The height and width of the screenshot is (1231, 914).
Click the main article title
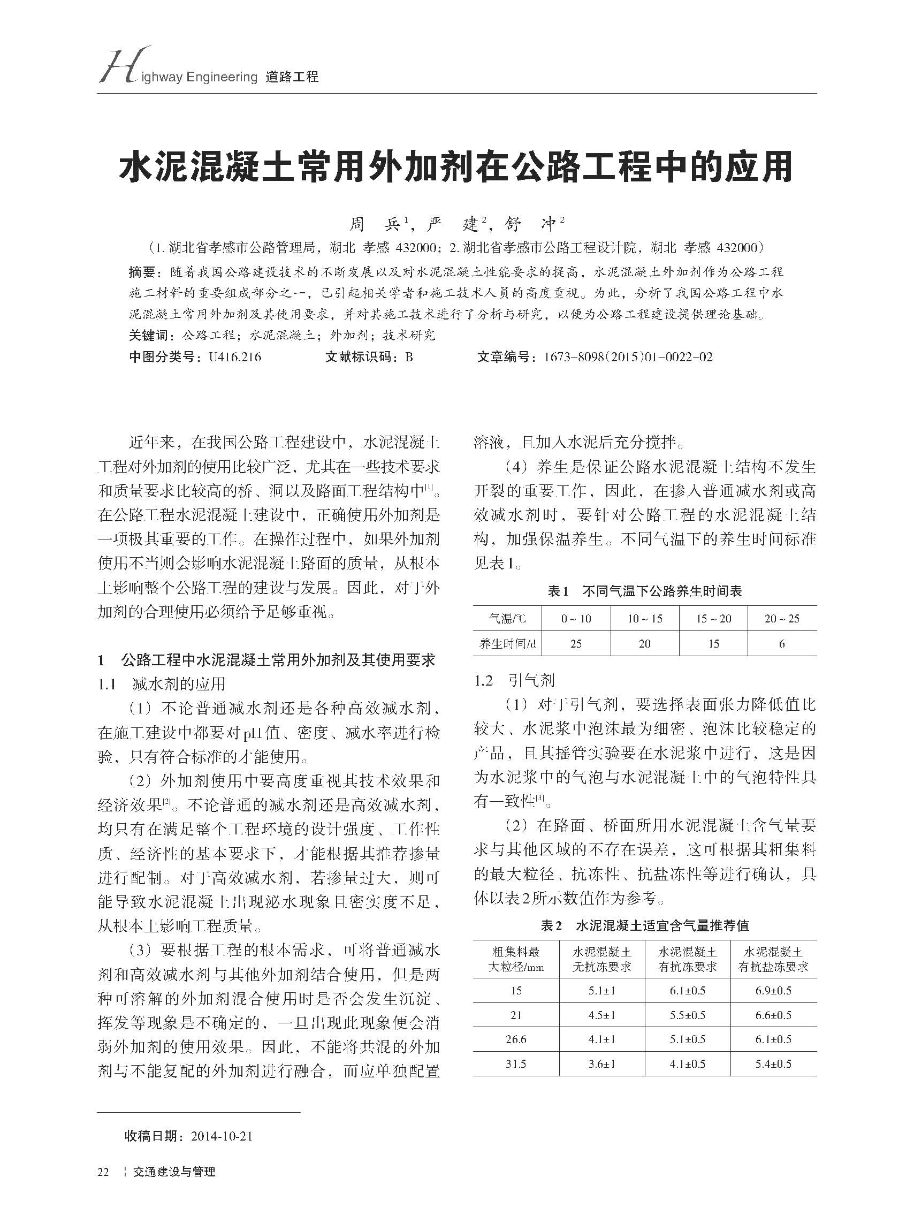click(456, 166)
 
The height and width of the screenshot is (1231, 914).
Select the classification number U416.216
click(234, 357)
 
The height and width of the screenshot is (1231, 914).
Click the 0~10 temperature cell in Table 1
click(576, 619)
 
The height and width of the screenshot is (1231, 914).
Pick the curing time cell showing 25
click(576, 643)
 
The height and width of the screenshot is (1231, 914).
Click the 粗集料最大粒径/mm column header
click(516, 959)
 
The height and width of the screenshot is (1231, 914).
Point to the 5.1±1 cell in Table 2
click(602, 990)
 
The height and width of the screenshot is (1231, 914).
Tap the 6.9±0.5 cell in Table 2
click(773, 990)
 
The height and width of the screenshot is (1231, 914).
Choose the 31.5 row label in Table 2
click(516, 1063)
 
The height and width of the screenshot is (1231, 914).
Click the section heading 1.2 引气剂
click(515, 681)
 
